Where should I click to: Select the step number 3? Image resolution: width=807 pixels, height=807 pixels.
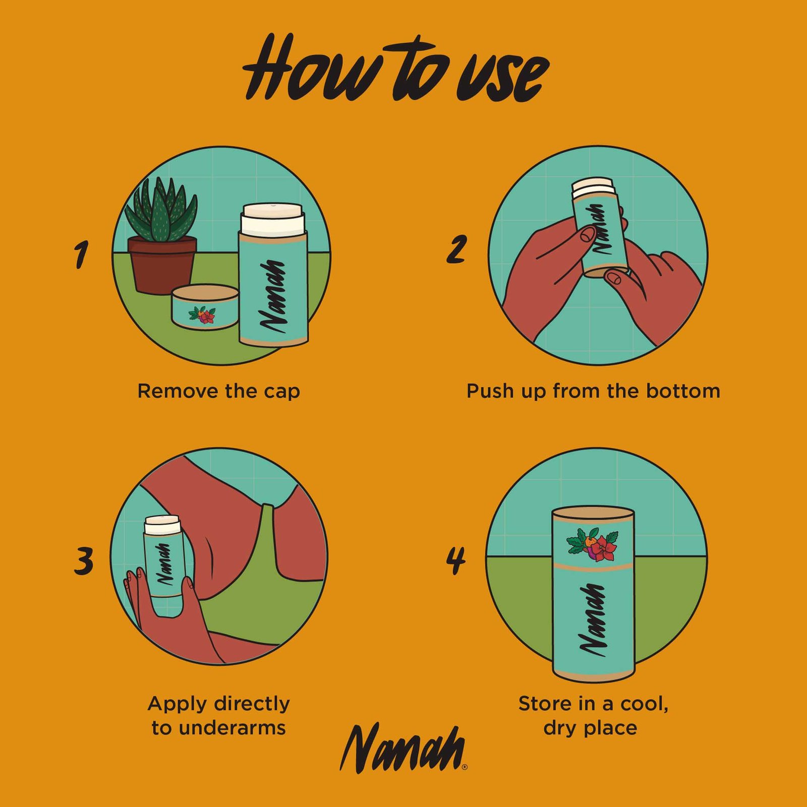[84, 560]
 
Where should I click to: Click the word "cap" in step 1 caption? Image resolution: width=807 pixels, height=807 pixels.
[280, 392]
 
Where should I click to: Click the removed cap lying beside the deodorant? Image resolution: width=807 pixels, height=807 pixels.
[205, 307]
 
